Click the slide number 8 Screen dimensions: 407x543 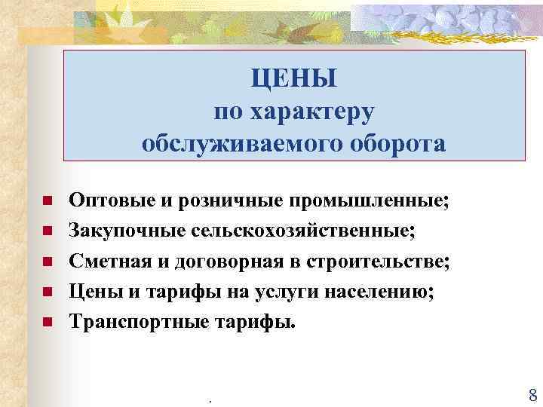click(x=532, y=395)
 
